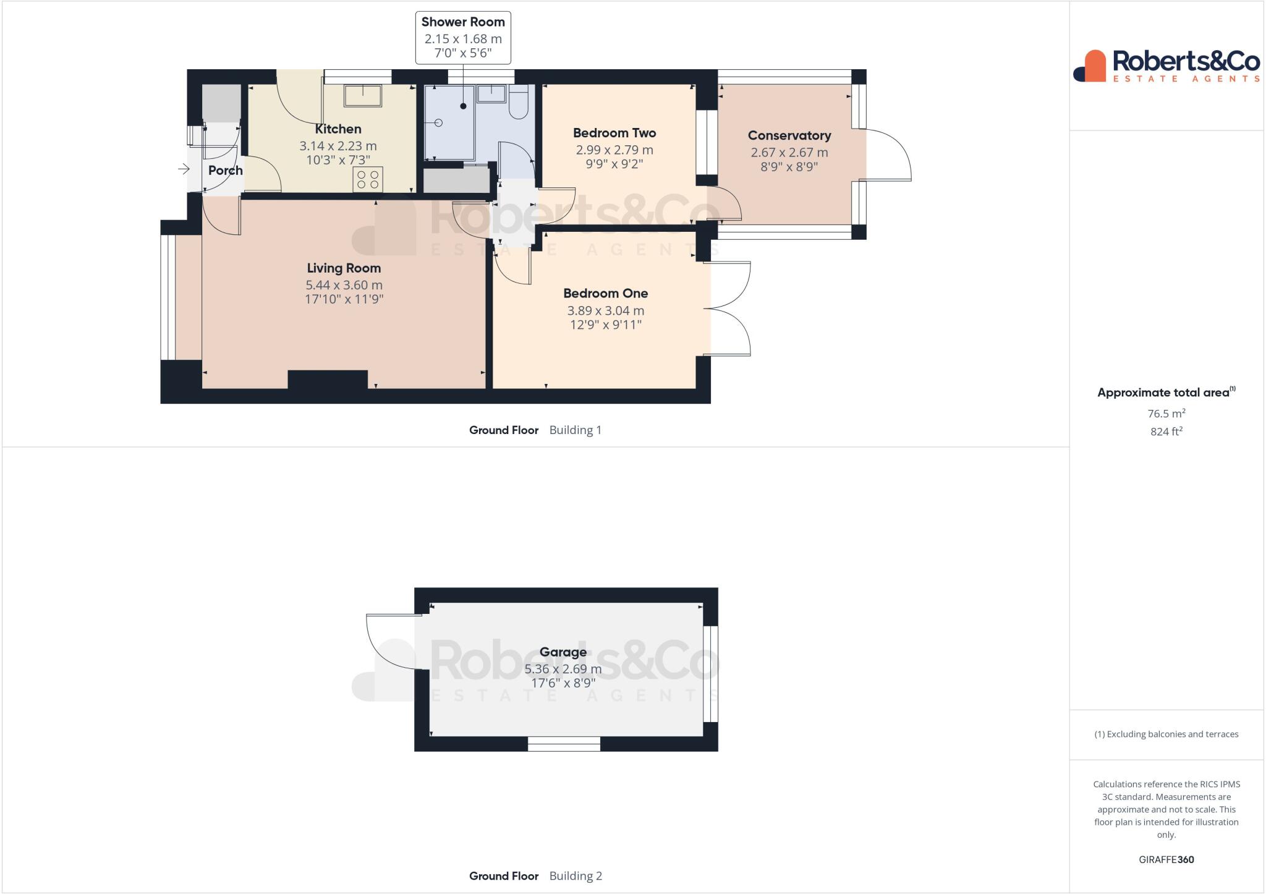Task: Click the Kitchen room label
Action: [x=338, y=129]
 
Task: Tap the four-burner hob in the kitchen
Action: [x=368, y=179]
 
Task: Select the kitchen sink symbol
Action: [x=363, y=95]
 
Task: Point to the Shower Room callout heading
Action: [x=463, y=22]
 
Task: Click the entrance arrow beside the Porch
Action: [x=184, y=169]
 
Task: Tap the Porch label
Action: [x=225, y=170]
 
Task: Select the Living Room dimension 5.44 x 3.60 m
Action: [x=344, y=285]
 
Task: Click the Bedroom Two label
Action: [x=614, y=133]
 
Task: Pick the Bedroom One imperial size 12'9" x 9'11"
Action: [x=605, y=325]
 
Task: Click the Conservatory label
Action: [x=789, y=135]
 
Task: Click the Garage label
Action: [x=563, y=652]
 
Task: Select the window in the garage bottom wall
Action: [x=564, y=744]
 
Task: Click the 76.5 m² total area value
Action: [x=1166, y=414]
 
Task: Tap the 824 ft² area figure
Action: [x=1166, y=432]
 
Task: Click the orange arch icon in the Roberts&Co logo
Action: [x=1094, y=66]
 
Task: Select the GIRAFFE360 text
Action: [x=1166, y=859]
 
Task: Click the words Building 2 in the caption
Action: [x=575, y=875]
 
